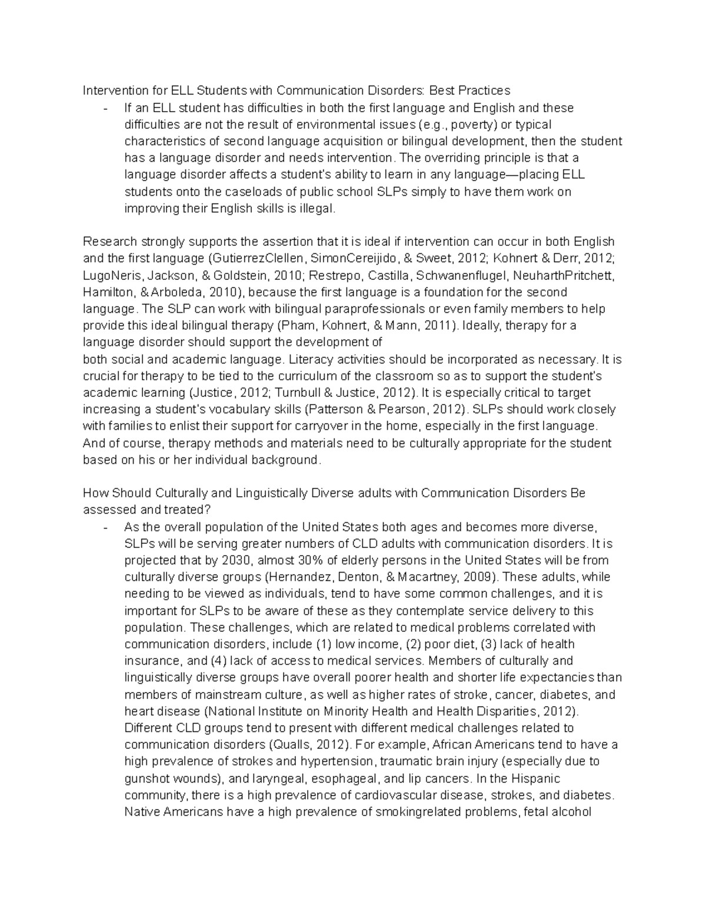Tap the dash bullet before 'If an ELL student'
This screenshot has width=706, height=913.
[x=105, y=108]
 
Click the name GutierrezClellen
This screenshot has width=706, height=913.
[x=257, y=259]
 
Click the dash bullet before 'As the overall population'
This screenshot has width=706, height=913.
[x=105, y=527]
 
